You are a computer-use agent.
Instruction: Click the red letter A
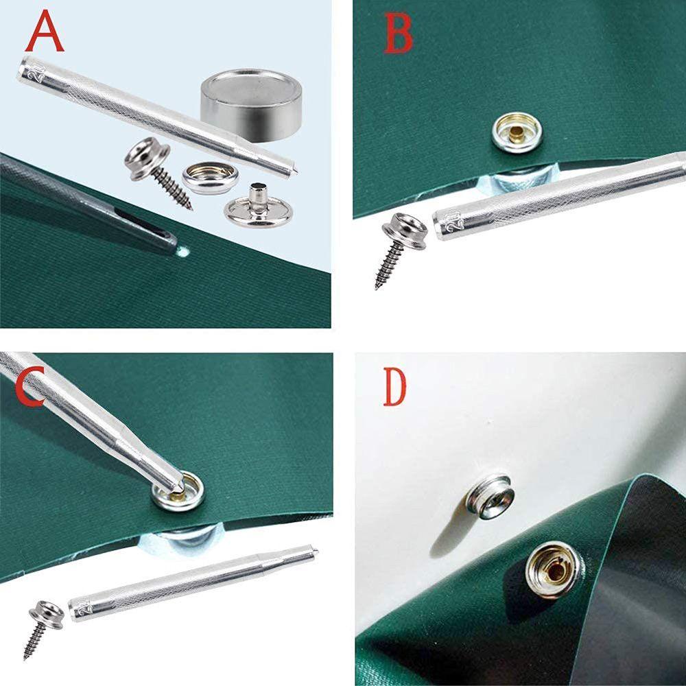(x=45, y=32)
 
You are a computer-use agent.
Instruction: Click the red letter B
(x=399, y=34)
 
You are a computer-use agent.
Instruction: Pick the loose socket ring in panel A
(x=210, y=178)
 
